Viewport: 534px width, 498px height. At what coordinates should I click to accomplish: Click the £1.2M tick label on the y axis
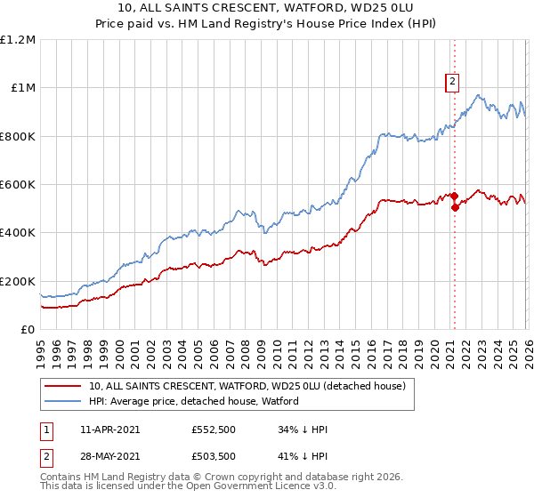(x=18, y=40)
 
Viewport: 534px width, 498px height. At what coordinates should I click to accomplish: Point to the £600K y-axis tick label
(x=18, y=185)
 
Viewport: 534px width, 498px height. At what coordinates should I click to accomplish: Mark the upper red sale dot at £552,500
(x=454, y=196)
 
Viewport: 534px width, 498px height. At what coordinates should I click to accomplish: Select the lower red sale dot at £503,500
(x=455, y=208)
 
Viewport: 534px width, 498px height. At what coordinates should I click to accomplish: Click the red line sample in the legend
(x=64, y=386)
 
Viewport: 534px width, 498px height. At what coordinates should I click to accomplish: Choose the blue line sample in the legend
(x=64, y=401)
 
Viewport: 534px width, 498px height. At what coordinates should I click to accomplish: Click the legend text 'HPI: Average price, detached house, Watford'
(x=194, y=401)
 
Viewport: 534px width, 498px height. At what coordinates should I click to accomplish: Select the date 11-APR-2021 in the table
(x=109, y=430)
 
